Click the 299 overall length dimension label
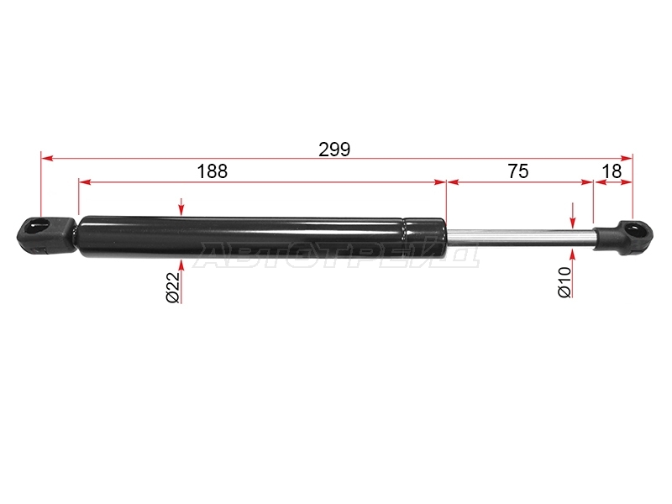334,150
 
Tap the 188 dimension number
213,171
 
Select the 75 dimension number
518,171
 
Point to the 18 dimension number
612,171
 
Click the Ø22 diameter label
173,287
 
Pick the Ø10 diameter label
564,281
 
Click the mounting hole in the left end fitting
37,226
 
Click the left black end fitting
46,235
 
